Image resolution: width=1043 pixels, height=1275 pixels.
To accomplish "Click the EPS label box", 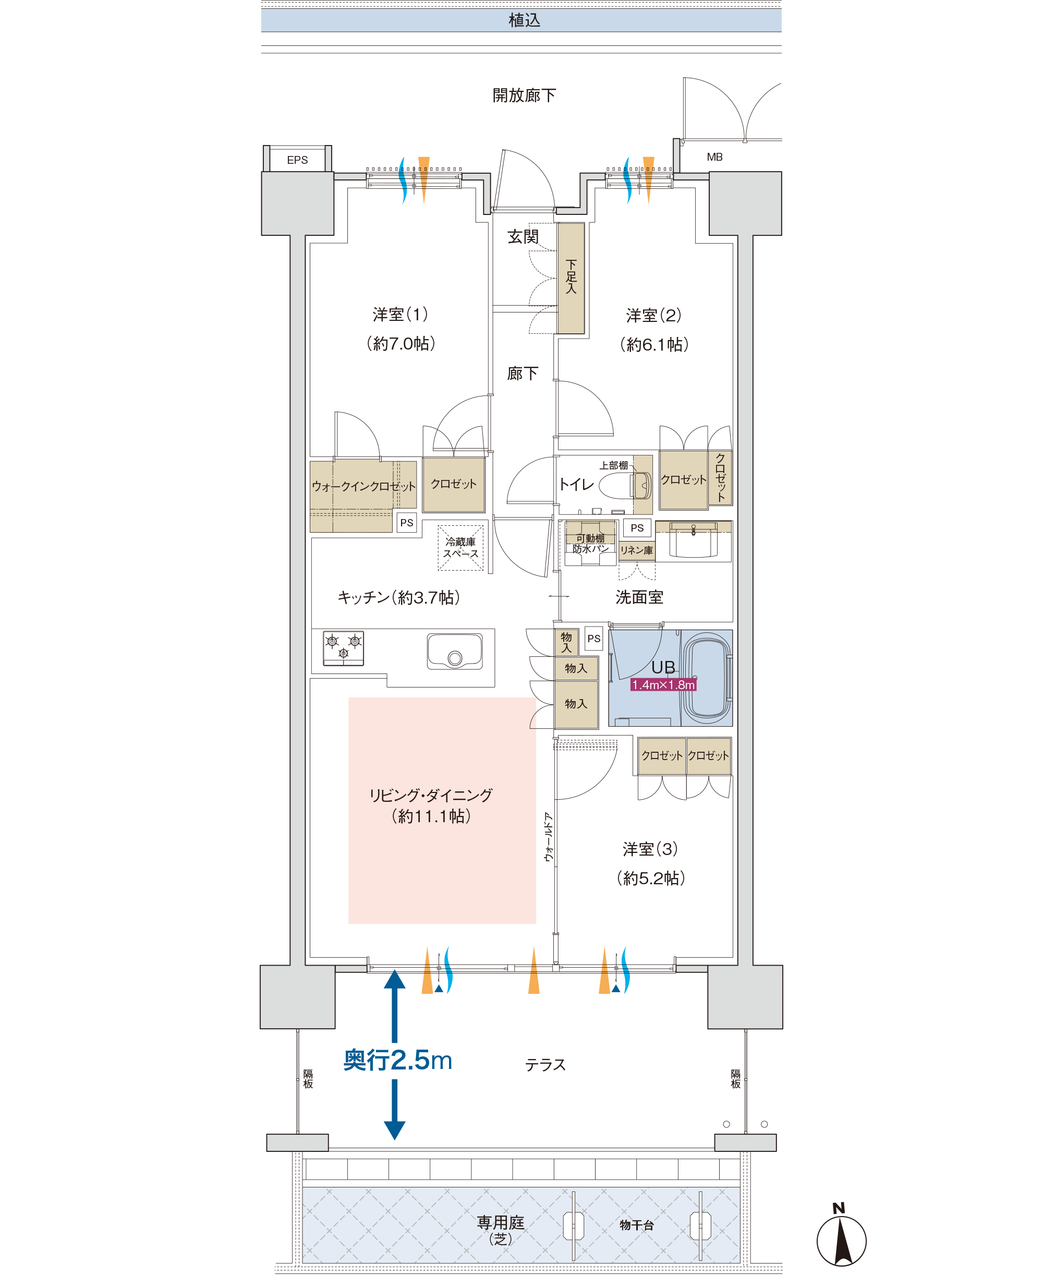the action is click(297, 160).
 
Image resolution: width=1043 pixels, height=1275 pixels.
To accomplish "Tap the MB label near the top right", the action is click(714, 157).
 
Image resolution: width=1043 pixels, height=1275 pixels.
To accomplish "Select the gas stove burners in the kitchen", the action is click(343, 648).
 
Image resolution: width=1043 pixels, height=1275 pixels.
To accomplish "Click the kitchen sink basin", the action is click(455, 651).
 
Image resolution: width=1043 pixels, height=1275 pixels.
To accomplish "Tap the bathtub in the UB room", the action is click(707, 678).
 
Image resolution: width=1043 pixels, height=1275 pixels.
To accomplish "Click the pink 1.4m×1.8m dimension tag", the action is click(663, 684).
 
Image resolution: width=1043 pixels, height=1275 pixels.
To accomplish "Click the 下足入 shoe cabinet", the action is click(571, 278).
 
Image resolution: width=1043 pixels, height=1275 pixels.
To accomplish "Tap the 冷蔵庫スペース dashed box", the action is click(460, 547).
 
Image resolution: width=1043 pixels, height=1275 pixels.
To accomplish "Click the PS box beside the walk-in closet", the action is click(407, 522).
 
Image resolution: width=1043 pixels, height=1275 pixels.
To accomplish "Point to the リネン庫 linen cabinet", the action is click(636, 550).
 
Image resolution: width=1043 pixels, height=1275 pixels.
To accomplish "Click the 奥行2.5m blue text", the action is click(397, 1060).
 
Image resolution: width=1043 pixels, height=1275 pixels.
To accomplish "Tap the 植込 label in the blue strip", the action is click(525, 20).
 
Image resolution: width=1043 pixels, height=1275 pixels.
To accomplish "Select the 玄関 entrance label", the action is click(523, 237).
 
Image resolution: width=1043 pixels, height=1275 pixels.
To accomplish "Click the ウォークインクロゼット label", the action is click(363, 486).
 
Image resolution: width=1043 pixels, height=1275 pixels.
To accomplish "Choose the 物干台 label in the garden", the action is click(636, 1224).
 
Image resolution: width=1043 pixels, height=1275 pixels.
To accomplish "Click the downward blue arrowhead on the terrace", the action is click(394, 1131).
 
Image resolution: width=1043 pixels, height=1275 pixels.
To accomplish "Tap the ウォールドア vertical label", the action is click(548, 837).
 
